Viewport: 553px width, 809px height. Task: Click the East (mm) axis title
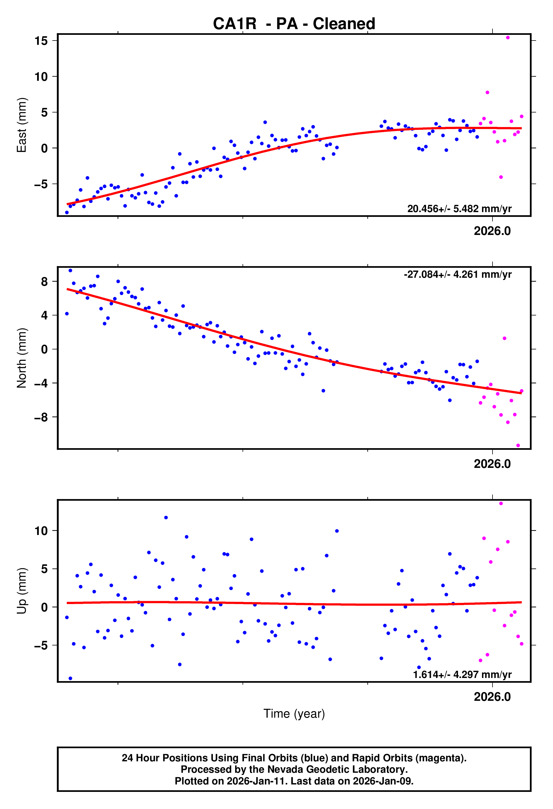22,125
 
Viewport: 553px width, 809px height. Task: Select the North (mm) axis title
22,358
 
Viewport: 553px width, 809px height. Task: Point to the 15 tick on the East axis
41,41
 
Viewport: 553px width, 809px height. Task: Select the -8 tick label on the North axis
41,417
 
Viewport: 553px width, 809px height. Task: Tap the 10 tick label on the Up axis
41,531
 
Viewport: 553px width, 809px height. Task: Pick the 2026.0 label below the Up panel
492,697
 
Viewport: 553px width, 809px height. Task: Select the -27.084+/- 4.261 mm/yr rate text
457,274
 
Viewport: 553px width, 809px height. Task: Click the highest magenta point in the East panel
508,38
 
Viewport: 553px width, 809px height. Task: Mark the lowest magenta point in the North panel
518,446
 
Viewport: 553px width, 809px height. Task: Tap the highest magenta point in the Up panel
501,503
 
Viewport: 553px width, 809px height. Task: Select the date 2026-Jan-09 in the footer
382,781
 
